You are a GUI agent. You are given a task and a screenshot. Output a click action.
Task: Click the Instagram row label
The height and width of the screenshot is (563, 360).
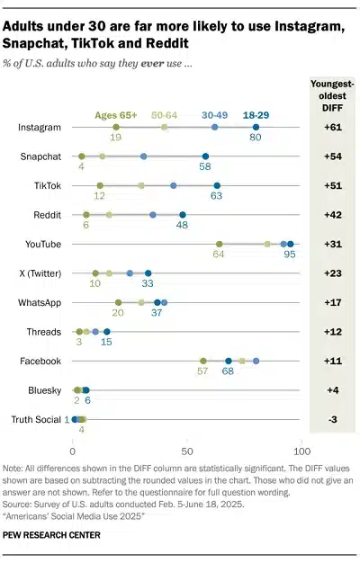tap(40, 128)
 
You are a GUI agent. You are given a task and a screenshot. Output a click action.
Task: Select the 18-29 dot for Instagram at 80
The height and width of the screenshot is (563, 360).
tap(256, 128)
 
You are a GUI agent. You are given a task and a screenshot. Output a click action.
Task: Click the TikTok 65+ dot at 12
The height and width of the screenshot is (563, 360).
tap(100, 185)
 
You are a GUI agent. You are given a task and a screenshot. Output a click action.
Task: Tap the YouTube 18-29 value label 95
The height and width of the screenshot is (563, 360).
tap(290, 255)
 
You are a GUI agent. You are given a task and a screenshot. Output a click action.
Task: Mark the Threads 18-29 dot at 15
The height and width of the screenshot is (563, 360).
tap(106, 332)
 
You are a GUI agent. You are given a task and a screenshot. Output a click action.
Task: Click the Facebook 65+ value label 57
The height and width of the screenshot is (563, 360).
tap(203, 372)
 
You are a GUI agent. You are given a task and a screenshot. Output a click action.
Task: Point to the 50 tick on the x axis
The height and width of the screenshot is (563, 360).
tap(186, 450)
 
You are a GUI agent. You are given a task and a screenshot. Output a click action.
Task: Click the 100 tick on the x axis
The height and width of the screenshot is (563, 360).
tap(302, 450)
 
